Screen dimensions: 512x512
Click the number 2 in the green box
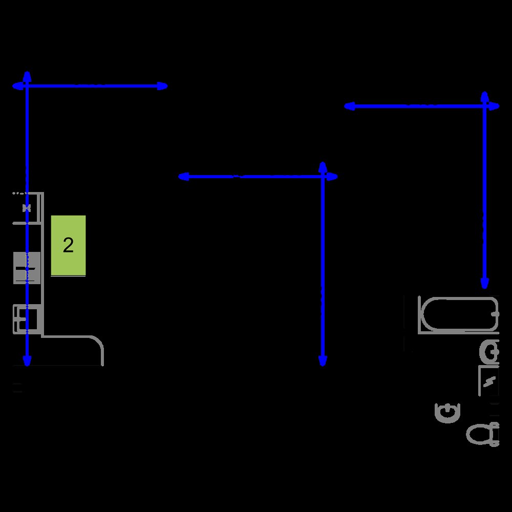[x=68, y=245]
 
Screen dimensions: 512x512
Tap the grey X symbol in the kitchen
[x=27, y=208]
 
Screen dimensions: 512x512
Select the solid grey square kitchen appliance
[x=27, y=268]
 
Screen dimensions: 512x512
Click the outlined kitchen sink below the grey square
[x=27, y=319]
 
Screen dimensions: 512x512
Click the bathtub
[x=458, y=315]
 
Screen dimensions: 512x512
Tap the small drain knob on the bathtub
[x=496, y=314]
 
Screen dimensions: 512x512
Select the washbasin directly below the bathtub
[x=489, y=352]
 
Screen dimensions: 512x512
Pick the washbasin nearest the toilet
[x=447, y=413]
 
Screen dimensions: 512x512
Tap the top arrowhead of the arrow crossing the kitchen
[x=27, y=77]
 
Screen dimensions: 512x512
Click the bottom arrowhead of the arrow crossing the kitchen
[x=27, y=360]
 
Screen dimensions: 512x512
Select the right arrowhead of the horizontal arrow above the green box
[x=162, y=86]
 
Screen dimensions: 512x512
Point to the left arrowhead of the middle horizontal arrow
[x=184, y=177]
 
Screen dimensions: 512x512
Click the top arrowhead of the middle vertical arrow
[x=323, y=167]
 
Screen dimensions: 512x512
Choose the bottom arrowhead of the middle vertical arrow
[x=323, y=360]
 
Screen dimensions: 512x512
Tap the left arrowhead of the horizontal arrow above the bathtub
[x=350, y=106]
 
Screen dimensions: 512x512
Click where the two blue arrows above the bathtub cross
[x=484, y=106]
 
